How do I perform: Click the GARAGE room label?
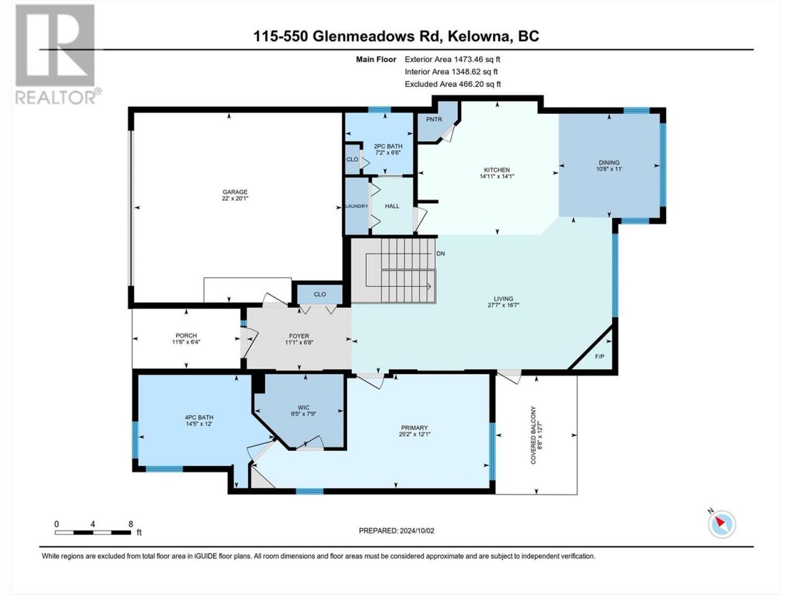235,192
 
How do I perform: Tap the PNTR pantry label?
434,120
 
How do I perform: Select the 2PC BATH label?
388,146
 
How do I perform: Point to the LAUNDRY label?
357,206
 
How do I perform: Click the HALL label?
392,206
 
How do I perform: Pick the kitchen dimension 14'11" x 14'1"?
497,176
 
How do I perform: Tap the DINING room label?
609,162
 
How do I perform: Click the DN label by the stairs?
440,253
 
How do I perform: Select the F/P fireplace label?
599,356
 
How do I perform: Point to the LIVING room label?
503,299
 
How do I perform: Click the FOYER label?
299,336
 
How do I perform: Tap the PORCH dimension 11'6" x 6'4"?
186,342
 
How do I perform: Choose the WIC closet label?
304,407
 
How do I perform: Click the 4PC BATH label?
199,417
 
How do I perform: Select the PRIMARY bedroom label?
414,428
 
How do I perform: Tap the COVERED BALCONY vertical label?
533,435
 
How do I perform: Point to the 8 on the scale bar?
131,524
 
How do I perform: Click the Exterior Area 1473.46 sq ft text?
452,59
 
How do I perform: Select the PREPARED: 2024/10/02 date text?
396,531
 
